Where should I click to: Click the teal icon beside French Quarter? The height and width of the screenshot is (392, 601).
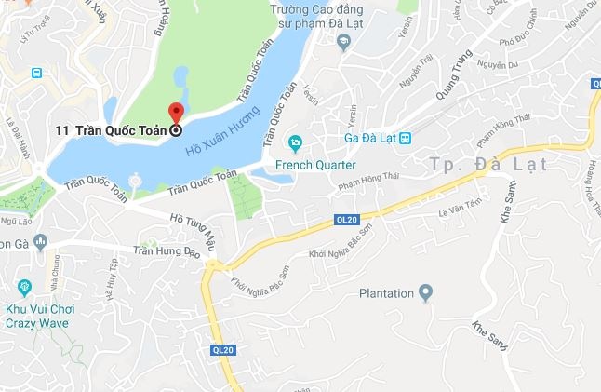[296, 143]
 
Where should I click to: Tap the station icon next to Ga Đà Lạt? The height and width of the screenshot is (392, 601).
[406, 138]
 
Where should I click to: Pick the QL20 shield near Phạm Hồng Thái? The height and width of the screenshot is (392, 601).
[347, 220]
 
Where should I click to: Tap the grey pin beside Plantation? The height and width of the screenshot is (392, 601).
[426, 293]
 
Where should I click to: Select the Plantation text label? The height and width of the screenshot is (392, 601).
[386, 294]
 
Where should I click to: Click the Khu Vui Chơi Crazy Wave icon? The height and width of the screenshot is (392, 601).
[23, 285]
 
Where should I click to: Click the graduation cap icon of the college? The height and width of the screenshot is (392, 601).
[343, 42]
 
